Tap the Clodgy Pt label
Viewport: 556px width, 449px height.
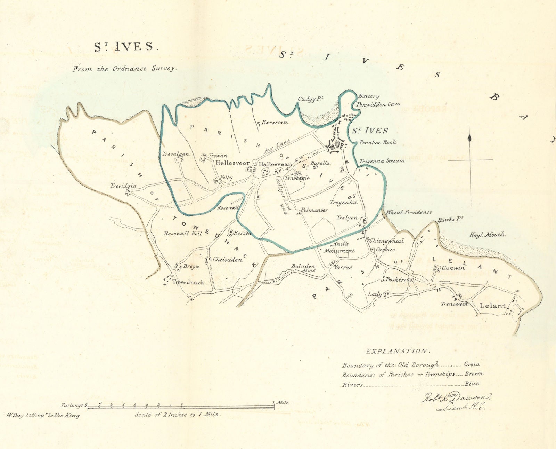[310, 99]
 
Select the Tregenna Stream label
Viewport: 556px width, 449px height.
[382, 161]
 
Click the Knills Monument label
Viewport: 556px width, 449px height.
[339, 247]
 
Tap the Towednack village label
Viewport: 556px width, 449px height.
[188, 282]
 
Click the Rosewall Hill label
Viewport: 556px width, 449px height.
[183, 234]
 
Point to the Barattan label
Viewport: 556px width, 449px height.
[275, 123]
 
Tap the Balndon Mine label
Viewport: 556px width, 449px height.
[303, 268]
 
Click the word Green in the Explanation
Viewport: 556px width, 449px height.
[472, 364]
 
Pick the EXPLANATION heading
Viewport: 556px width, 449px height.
[398, 351]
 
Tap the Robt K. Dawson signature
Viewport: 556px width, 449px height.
[456, 401]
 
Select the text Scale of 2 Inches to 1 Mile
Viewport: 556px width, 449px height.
[177, 415]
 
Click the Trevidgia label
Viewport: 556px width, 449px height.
[123, 186]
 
